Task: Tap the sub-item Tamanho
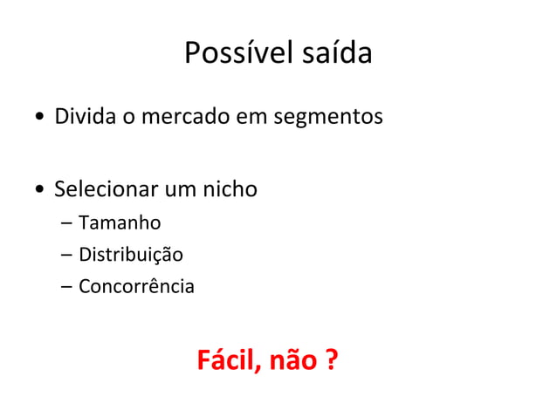click(x=120, y=226)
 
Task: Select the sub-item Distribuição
click(x=131, y=256)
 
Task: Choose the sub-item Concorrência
click(x=136, y=285)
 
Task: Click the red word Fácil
click(x=223, y=359)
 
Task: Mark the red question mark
click(x=331, y=359)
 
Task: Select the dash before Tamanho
click(x=66, y=227)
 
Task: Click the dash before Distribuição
click(x=66, y=256)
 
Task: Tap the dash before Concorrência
click(x=66, y=286)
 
